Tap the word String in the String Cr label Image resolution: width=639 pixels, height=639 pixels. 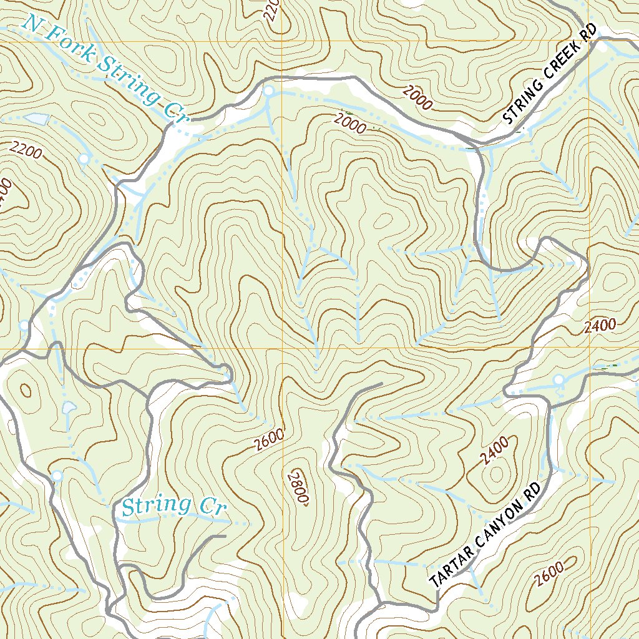tap(147, 505)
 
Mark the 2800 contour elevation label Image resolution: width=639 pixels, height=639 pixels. tap(299, 485)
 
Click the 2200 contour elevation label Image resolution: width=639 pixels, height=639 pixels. tap(26, 150)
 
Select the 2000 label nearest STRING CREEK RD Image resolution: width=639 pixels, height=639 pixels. tap(417, 98)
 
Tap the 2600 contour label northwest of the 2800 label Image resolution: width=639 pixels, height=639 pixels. tap(270, 439)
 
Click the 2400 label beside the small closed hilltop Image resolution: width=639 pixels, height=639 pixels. tap(495, 450)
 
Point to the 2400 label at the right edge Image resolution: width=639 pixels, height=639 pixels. tap(601, 325)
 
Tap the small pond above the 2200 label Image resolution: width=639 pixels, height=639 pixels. tap(36, 119)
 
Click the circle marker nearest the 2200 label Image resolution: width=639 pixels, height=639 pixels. tap(84, 159)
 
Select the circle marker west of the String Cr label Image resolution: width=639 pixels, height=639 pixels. tap(57, 476)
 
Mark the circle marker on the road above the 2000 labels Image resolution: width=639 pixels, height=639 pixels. tap(268, 92)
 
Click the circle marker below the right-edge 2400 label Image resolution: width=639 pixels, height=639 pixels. tap(559, 380)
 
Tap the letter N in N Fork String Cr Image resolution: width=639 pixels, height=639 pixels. tap(31, 26)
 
